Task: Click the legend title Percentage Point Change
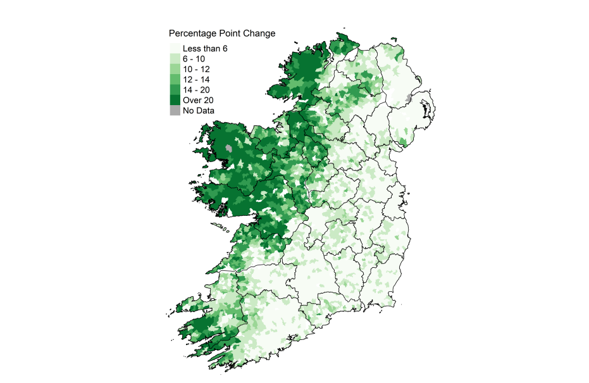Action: coord(221,33)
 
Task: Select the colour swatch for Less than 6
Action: coord(174,48)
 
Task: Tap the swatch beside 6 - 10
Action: coord(174,58)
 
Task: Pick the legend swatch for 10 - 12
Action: coord(174,69)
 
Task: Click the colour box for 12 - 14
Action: coord(174,79)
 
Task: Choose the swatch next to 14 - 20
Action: coord(174,90)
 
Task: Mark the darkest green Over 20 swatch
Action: coord(174,100)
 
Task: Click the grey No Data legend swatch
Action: coord(174,110)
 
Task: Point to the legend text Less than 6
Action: coord(204,48)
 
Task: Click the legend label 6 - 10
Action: coord(194,58)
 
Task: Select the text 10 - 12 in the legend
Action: coord(196,69)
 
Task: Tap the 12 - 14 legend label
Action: coord(196,79)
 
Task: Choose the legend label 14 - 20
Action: coord(196,90)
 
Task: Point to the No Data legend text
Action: coord(199,111)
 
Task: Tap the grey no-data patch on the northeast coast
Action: coord(409,100)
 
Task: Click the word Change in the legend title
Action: coord(258,33)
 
